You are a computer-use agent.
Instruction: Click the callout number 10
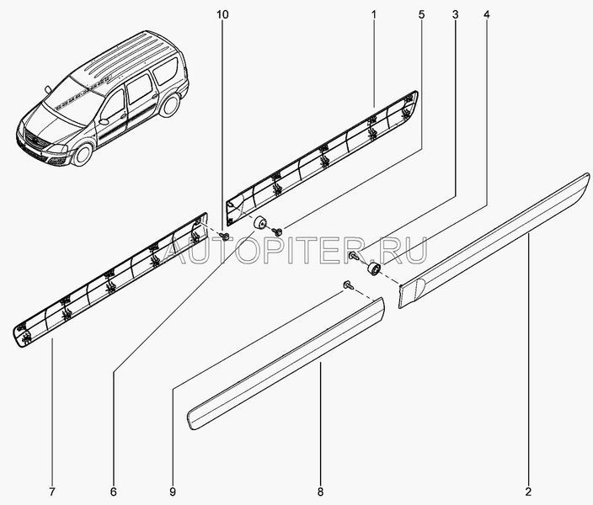click(x=222, y=15)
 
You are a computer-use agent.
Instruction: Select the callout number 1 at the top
click(x=374, y=15)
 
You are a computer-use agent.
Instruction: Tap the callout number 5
click(x=422, y=15)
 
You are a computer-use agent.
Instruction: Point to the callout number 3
click(x=455, y=15)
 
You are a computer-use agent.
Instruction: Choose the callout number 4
click(x=486, y=15)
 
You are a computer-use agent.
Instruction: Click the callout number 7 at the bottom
click(x=52, y=492)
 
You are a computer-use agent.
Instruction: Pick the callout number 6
click(x=114, y=492)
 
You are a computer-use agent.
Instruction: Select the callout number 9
click(x=173, y=492)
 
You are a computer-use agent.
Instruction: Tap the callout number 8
click(x=320, y=492)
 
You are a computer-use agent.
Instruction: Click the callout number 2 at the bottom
click(x=528, y=492)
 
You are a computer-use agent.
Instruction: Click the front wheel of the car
click(x=82, y=154)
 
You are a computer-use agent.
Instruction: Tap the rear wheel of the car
click(x=169, y=104)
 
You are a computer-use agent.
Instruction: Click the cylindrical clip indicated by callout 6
click(x=259, y=223)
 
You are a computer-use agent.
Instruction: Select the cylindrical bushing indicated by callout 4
click(x=374, y=268)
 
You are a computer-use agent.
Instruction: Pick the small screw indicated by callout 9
click(x=348, y=285)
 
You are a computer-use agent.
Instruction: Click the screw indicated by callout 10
click(x=226, y=237)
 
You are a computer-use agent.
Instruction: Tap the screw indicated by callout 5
click(x=278, y=230)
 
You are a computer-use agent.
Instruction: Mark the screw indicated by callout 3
click(x=353, y=256)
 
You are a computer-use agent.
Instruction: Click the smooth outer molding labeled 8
click(x=286, y=364)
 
